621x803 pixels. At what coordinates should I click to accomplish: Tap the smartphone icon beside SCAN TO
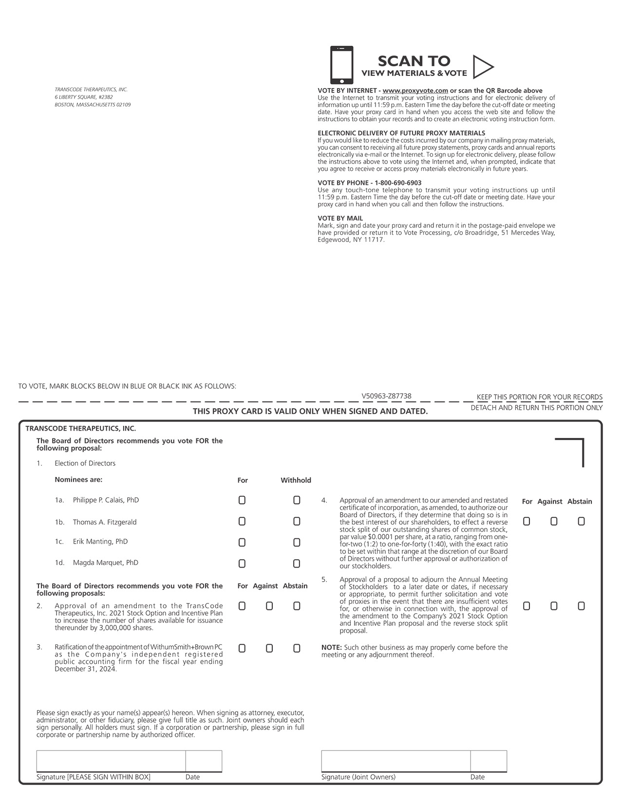pyautogui.click(x=341, y=65)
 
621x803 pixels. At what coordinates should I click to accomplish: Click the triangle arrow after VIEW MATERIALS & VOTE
pyautogui.click(x=482, y=67)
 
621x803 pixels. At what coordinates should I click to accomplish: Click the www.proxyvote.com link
pyautogui.click(x=415, y=91)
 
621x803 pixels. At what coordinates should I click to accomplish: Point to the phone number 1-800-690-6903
pyautogui.click(x=398, y=183)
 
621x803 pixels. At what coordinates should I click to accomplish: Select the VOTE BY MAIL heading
pyautogui.click(x=340, y=219)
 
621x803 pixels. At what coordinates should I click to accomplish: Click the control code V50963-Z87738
pyautogui.click(x=386, y=396)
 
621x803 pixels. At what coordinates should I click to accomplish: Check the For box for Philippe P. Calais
pyautogui.click(x=242, y=500)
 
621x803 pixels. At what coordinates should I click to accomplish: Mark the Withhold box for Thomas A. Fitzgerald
pyautogui.click(x=297, y=522)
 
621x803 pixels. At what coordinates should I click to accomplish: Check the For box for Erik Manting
pyautogui.click(x=242, y=543)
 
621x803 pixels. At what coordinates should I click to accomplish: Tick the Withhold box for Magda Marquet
pyautogui.click(x=297, y=564)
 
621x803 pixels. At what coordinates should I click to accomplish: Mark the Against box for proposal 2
pyautogui.click(x=269, y=606)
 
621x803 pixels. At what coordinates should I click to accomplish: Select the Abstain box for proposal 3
pyautogui.click(x=297, y=649)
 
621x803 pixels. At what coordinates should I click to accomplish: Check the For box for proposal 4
pyautogui.click(x=527, y=522)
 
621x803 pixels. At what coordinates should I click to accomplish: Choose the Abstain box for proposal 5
pyautogui.click(x=581, y=606)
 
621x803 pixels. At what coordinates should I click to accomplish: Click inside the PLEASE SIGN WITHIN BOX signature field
pyautogui.click(x=111, y=761)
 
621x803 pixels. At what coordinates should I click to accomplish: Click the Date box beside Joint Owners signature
pyautogui.click(x=489, y=761)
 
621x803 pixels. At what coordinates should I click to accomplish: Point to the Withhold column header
pyautogui.click(x=296, y=480)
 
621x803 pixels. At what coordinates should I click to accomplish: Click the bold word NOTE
pyautogui.click(x=331, y=648)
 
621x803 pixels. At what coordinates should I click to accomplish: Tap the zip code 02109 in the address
pyautogui.click(x=124, y=105)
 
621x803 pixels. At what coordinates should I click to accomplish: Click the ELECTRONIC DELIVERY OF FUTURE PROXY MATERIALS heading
pyautogui.click(x=401, y=133)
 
